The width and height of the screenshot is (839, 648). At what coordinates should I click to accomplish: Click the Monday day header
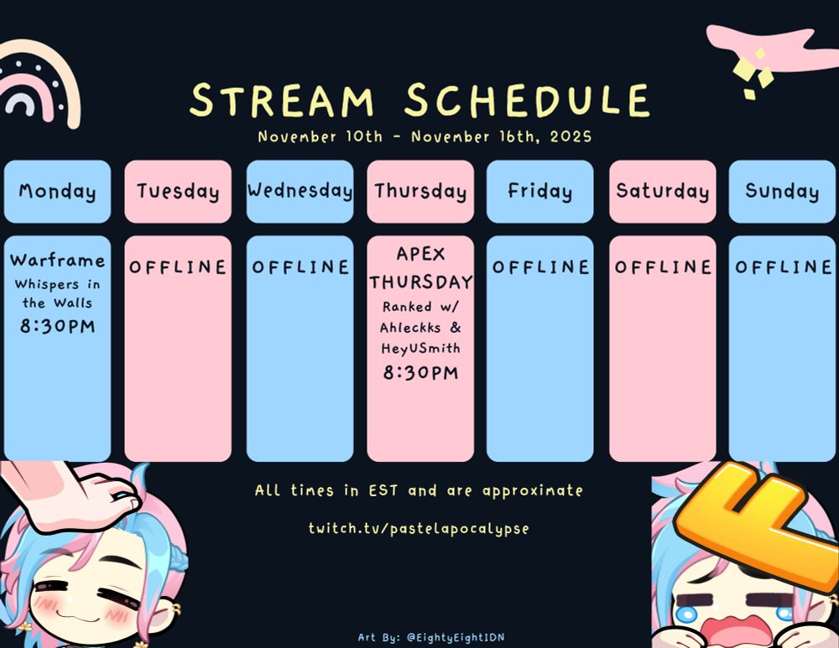click(x=57, y=191)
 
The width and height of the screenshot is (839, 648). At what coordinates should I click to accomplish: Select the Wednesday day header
click(x=300, y=191)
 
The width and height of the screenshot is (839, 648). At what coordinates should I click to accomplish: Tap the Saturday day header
click(x=663, y=191)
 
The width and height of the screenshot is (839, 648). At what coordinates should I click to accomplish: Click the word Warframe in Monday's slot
click(x=57, y=261)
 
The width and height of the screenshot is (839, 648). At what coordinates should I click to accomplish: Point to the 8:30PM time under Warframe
click(x=57, y=325)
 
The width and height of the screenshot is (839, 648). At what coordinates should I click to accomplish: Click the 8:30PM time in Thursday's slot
click(x=420, y=372)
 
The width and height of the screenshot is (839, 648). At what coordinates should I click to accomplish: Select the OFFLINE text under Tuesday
click(x=178, y=267)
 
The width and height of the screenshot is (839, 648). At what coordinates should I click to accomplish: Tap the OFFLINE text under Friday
click(x=540, y=267)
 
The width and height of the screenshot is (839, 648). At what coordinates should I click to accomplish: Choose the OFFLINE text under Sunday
click(x=783, y=267)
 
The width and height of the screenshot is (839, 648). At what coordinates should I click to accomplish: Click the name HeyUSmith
click(x=420, y=349)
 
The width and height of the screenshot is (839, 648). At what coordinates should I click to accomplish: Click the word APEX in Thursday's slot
click(x=420, y=253)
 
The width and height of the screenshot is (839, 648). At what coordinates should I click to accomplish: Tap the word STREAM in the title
click(x=281, y=100)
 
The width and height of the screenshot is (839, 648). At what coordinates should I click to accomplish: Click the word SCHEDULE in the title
click(x=527, y=100)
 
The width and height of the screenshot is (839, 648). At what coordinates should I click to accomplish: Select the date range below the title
click(x=425, y=137)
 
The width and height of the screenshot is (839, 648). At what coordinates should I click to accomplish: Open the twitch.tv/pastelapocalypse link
click(x=419, y=528)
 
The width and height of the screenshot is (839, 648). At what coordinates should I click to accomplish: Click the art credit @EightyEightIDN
click(x=456, y=637)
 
